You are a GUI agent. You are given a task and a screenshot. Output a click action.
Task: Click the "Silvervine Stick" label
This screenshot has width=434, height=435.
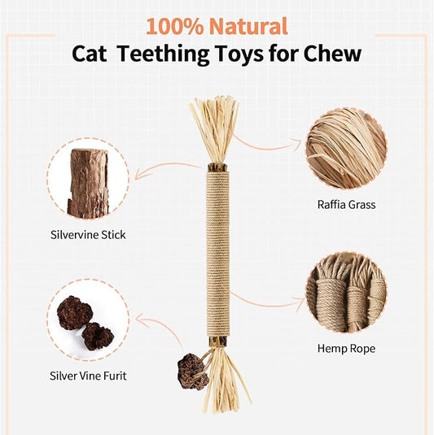pyautogui.click(x=87, y=235)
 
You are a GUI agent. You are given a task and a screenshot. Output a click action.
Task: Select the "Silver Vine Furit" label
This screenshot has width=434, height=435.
pyautogui.click(x=88, y=376)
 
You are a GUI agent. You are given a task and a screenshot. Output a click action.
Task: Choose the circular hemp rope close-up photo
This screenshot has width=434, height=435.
pyautogui.click(x=345, y=292)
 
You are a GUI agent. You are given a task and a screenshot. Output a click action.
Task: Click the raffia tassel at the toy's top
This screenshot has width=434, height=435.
pyautogui.click(x=213, y=130)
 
